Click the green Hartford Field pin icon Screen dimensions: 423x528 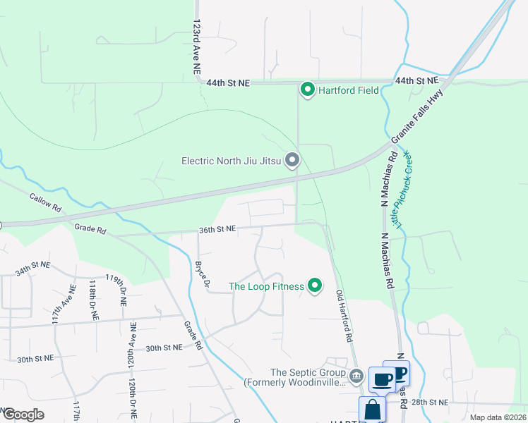pos(307,90)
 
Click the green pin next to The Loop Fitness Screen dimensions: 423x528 pos(315,286)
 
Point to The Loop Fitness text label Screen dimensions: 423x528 pos(266,286)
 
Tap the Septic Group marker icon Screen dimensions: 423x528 pos(356,374)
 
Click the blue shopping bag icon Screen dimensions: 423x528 pos(372,409)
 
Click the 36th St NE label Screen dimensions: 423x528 pos(216,229)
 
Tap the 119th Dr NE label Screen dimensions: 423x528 pos(116,289)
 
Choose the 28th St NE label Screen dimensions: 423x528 pos(428,402)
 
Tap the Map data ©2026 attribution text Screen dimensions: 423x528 pos(497,417)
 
